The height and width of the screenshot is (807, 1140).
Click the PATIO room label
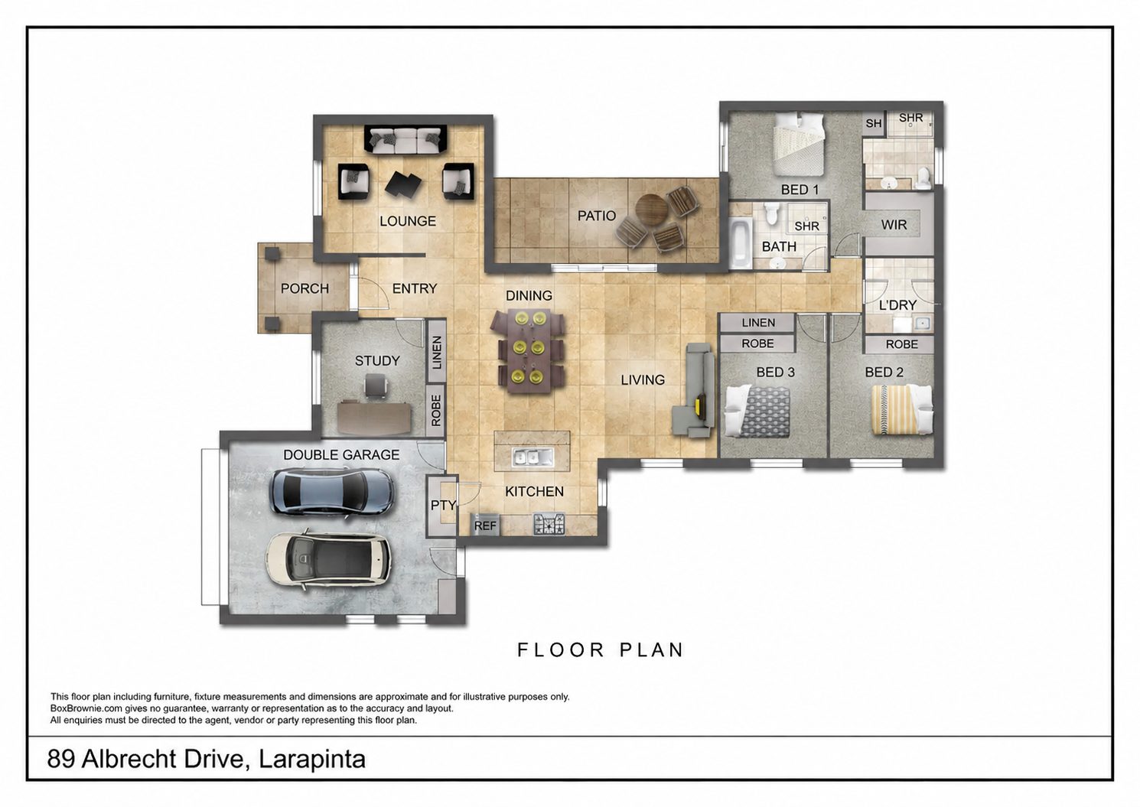(x=597, y=216)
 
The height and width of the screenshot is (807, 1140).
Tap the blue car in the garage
(x=331, y=492)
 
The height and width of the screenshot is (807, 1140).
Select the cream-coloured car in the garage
(x=328, y=560)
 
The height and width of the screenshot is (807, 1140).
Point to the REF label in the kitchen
(x=485, y=526)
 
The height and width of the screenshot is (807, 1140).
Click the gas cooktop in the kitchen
(x=549, y=524)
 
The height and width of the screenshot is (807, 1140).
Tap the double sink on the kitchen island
(x=533, y=457)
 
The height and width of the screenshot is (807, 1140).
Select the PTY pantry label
(x=443, y=506)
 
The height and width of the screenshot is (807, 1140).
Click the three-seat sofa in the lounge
(x=406, y=139)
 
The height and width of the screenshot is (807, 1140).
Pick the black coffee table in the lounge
(x=403, y=184)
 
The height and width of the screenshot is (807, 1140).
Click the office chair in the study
(x=376, y=385)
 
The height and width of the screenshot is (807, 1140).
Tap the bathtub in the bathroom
(x=741, y=243)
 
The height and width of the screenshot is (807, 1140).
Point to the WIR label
(x=894, y=224)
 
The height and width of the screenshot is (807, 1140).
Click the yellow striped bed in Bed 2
(x=902, y=410)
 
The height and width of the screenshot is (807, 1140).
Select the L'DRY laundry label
(x=897, y=304)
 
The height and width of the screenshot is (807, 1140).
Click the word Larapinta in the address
(x=312, y=759)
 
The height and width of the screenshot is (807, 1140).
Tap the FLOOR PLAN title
(x=601, y=649)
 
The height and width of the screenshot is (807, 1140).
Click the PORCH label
(x=305, y=288)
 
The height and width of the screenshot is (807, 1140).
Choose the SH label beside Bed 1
(x=873, y=123)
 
